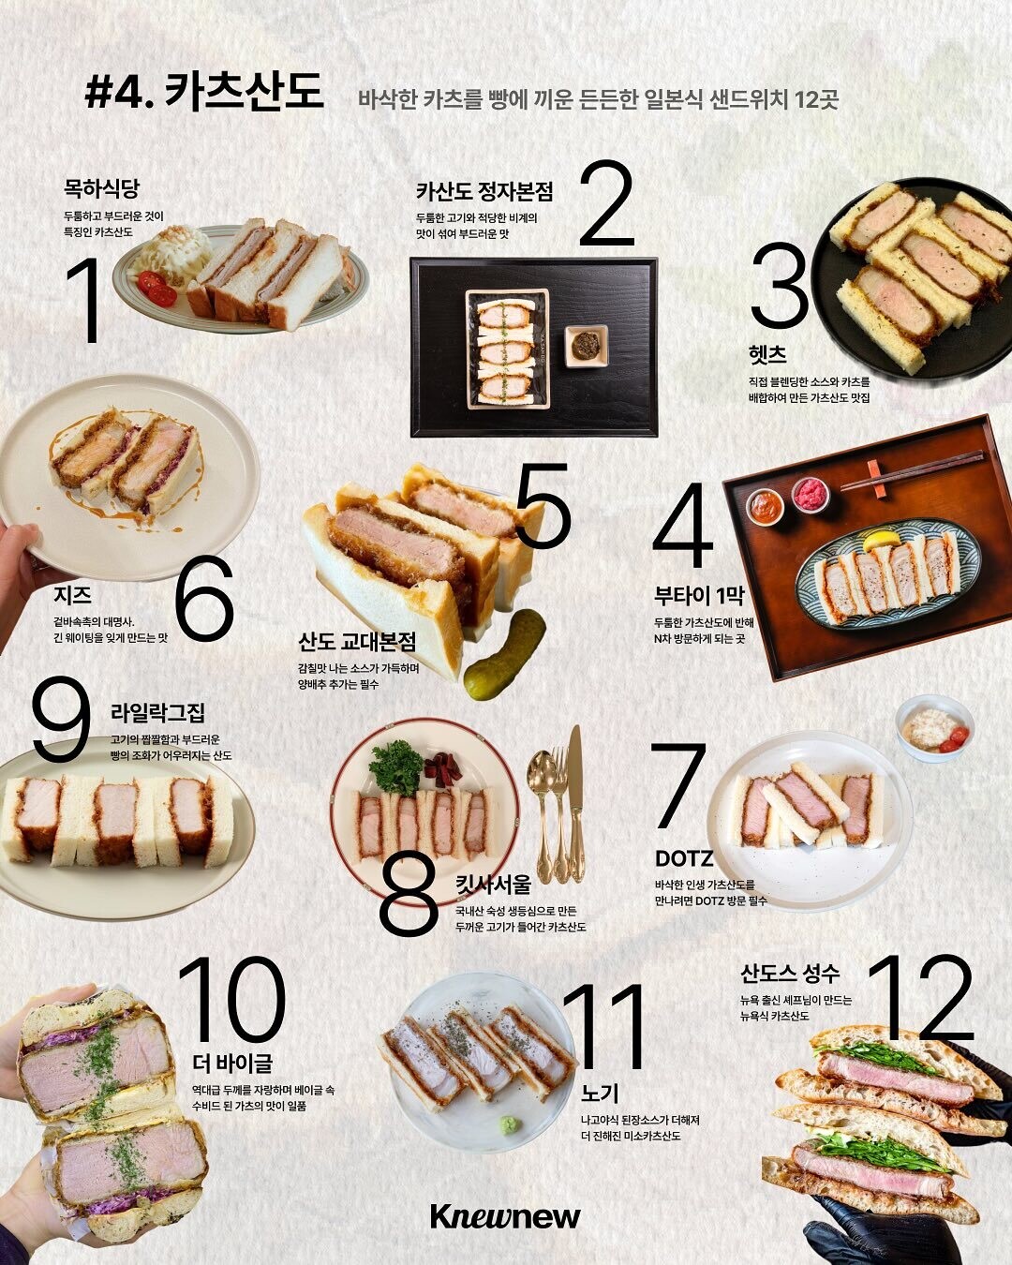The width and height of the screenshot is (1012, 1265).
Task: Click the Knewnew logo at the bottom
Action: click(x=505, y=1216)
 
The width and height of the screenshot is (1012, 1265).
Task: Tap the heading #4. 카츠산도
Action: click(x=204, y=92)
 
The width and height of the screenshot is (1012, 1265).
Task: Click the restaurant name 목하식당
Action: click(x=101, y=189)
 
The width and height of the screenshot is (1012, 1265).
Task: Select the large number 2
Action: click(x=607, y=203)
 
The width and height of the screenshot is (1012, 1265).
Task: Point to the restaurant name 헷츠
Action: click(x=767, y=354)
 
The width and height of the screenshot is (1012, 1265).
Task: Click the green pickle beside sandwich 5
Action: click(x=504, y=654)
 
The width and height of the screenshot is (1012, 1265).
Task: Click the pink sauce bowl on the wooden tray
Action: click(x=810, y=495)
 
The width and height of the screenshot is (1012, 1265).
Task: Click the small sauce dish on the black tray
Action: click(x=587, y=346)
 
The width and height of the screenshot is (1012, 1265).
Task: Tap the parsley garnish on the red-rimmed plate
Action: click(x=395, y=767)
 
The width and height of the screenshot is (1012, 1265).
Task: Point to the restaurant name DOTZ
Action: click(x=684, y=859)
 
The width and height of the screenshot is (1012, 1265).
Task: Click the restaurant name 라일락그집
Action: click(x=157, y=713)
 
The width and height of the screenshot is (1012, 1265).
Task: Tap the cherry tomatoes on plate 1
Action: click(x=156, y=288)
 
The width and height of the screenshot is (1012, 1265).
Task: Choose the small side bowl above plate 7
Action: click(x=934, y=728)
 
